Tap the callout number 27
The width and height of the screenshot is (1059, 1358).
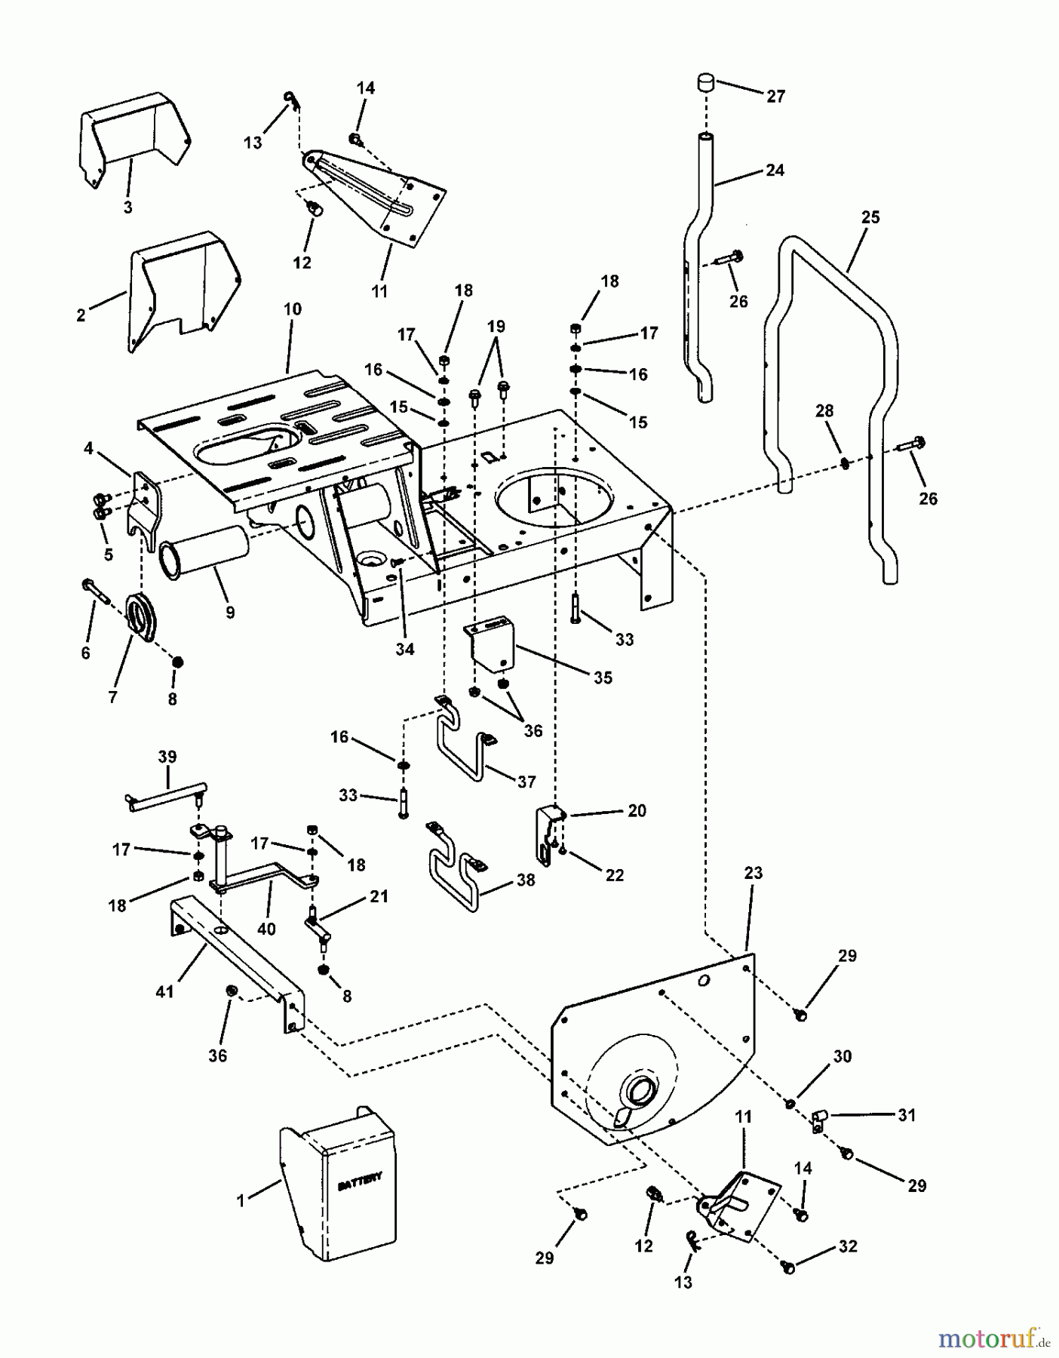point(775,97)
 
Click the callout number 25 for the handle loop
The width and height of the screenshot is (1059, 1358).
point(870,217)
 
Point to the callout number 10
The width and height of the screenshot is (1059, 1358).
point(292,309)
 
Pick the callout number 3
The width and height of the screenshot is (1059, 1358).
point(127,207)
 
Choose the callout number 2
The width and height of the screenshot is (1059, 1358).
point(81,316)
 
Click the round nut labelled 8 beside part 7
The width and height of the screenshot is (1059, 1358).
point(178,662)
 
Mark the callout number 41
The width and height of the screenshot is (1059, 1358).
point(164,991)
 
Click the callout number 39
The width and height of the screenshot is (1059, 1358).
point(167,756)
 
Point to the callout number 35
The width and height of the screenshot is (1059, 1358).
point(603,677)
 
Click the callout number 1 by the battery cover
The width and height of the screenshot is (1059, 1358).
point(241,1200)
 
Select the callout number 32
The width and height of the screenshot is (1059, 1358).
point(849,1246)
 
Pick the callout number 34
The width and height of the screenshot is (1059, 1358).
point(405,649)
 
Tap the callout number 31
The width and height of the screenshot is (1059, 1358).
point(907,1115)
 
